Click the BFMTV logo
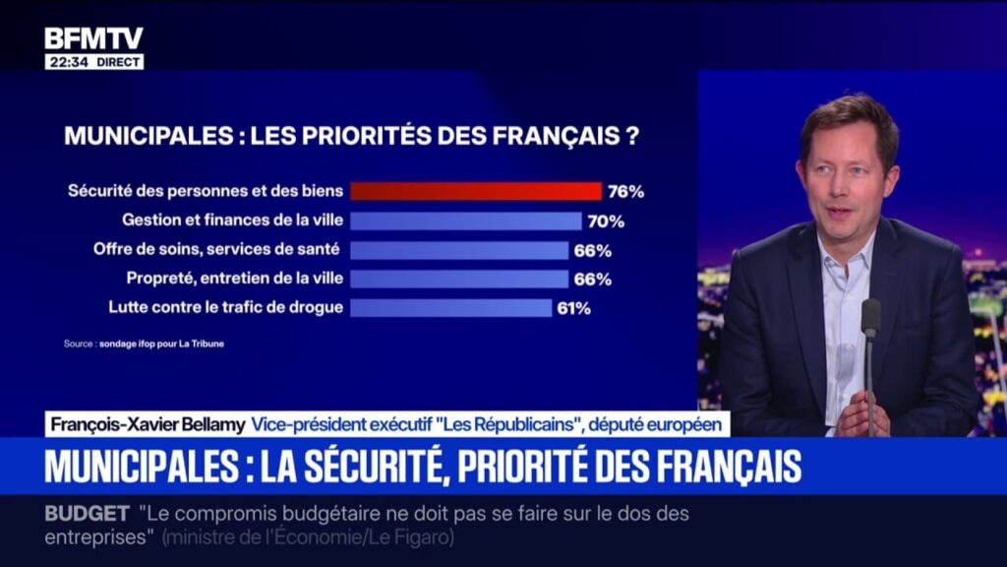click(93, 38)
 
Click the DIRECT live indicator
click(119, 62)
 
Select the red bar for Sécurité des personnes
click(476, 191)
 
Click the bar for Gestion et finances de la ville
click(466, 220)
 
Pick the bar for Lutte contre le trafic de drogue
click(451, 308)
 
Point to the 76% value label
click(625, 191)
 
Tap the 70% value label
click(605, 220)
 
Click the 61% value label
click(573, 308)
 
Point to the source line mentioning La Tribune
click(137, 345)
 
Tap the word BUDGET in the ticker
click(87, 514)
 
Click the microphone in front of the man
click(870, 318)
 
